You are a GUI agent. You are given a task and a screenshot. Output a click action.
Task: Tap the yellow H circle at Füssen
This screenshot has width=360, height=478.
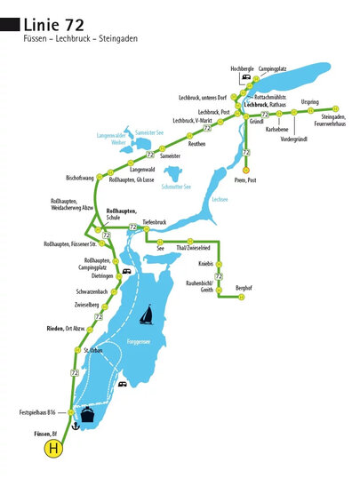(53, 450)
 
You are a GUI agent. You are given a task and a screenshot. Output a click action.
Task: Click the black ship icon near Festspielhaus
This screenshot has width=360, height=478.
(88, 415)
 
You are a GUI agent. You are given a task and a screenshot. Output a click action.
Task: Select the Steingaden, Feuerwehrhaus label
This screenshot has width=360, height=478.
(332, 121)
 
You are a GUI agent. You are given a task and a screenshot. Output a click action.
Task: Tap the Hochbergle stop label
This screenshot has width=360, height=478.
(242, 68)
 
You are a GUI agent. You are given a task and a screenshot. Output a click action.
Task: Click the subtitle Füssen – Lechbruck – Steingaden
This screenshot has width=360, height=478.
(81, 39)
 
